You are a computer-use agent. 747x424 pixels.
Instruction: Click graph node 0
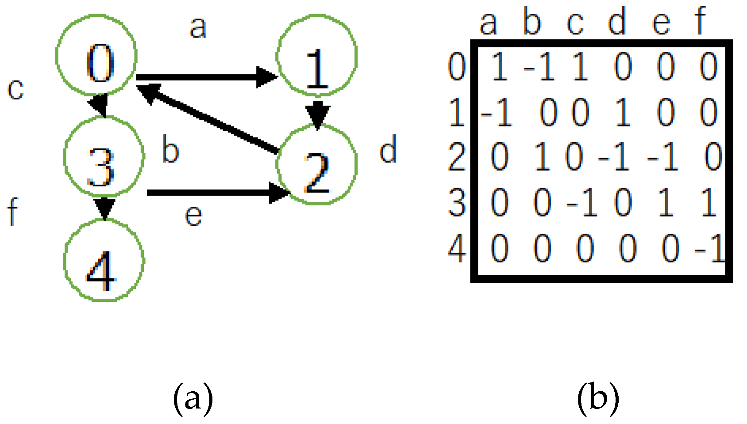tap(96, 55)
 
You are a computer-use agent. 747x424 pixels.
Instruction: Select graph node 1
tap(317, 55)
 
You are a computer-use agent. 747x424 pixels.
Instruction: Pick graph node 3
tap(104, 156)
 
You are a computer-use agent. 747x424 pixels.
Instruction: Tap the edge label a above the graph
tap(198, 27)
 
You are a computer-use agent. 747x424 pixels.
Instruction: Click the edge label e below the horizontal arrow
tap(193, 216)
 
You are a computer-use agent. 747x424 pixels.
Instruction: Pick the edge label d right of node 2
tap(388, 150)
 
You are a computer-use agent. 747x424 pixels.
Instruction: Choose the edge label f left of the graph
tap(13, 212)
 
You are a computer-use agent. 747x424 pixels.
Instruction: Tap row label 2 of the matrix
tap(457, 158)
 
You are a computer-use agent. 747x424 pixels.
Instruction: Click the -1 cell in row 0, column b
tap(539, 67)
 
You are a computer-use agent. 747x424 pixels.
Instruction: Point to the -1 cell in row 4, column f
tap(709, 249)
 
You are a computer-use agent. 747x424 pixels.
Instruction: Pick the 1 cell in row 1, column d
tap(623, 113)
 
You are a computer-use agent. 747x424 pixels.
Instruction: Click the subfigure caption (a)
tap(193, 399)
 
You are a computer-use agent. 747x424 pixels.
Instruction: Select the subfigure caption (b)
tap(598, 399)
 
